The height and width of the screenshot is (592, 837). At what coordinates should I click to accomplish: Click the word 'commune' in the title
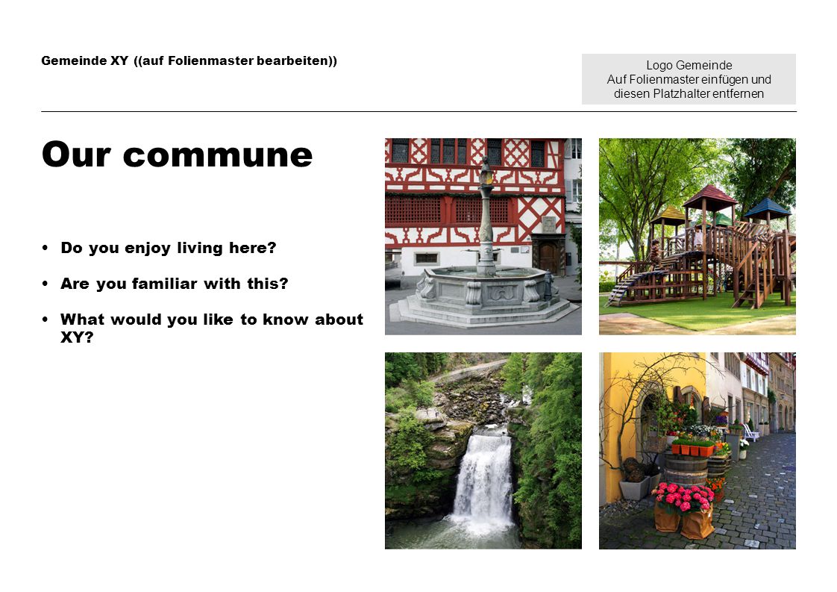218,156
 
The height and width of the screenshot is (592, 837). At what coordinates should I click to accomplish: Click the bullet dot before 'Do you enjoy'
46,247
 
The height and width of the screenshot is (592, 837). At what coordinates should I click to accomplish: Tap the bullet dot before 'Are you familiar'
46,283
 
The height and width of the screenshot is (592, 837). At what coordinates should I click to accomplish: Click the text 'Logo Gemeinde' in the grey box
689,65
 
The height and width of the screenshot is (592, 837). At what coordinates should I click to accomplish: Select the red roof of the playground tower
710,196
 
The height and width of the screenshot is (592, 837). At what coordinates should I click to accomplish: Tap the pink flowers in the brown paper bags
684,497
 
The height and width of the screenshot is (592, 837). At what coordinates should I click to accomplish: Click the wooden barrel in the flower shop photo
686,470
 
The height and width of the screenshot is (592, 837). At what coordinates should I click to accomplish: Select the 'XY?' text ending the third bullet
77,337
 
